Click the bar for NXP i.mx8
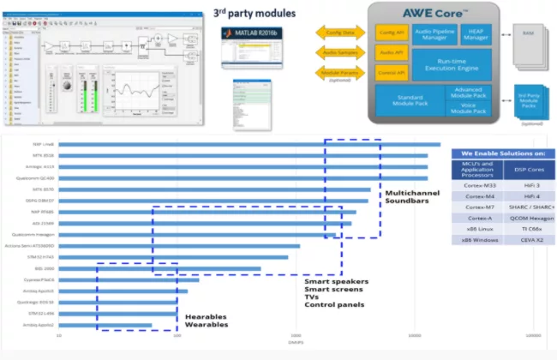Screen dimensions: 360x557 tap(249, 145)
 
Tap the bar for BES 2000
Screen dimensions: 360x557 tap(159, 268)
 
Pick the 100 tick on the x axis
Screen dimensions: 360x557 tap(177, 335)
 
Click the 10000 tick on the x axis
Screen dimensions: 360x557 tap(415, 335)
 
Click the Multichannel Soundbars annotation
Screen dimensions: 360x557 tap(412, 198)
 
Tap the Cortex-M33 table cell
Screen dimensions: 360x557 tap(476, 184)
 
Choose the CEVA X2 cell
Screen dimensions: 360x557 tap(528, 240)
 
